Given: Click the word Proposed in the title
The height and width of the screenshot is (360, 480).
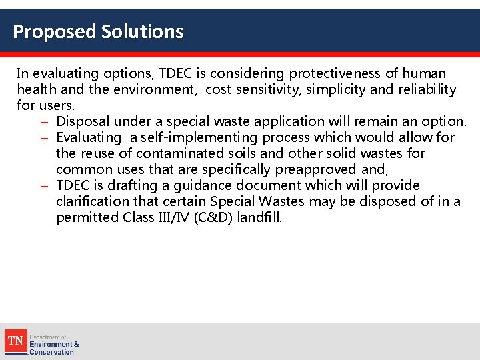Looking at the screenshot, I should click(55, 31).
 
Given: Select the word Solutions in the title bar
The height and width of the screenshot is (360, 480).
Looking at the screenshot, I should click(142, 31).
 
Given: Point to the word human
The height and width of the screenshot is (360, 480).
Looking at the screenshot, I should click(424, 73).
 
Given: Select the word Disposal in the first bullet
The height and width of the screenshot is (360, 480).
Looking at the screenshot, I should click(83, 121).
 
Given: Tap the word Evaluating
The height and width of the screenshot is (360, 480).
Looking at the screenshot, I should click(89, 137).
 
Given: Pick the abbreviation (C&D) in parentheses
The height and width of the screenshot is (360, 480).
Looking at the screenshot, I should click(214, 217).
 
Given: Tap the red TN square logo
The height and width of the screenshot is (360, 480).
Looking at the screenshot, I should click(15, 341).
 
